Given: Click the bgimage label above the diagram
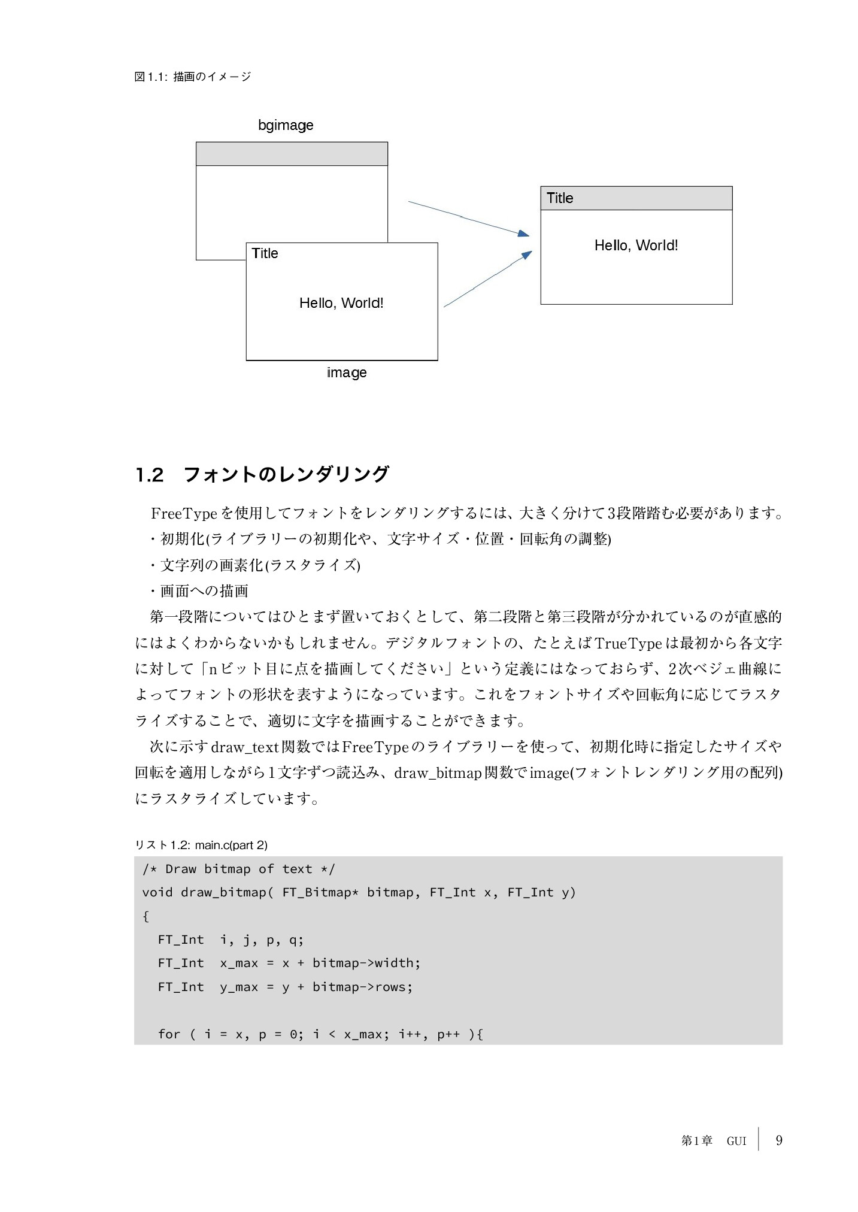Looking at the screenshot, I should (286, 125).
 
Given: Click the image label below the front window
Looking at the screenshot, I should (347, 372).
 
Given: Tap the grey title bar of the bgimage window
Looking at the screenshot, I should (292, 154).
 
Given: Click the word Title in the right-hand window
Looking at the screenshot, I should (560, 198).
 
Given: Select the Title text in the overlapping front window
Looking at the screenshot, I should (265, 253).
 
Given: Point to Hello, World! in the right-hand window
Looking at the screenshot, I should (636, 246).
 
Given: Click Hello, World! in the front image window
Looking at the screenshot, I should (341, 303).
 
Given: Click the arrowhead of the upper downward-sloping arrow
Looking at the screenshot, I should (524, 234).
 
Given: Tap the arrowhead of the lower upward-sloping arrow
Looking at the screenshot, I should (527, 255).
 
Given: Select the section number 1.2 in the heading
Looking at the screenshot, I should (149, 475).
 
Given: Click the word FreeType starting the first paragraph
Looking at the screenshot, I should (184, 514).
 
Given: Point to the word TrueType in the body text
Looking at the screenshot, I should (628, 644).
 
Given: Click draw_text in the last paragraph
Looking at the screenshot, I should (245, 747).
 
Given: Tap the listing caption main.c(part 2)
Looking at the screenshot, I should (231, 845).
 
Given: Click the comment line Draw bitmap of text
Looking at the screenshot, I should (238, 869).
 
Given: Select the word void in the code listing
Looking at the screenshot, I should (157, 892).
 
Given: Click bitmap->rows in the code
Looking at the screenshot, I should (362, 987).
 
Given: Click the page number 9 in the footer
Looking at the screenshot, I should (779, 1140).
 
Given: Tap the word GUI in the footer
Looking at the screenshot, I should (736, 1141).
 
